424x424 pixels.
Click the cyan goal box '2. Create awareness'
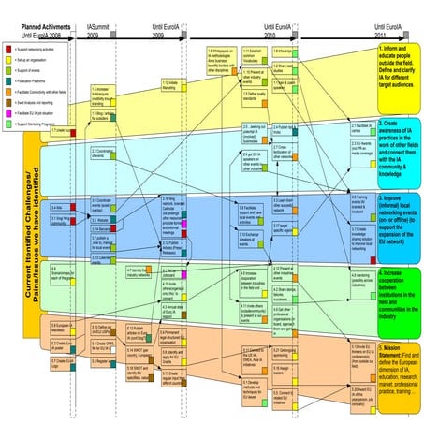point(396,161)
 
